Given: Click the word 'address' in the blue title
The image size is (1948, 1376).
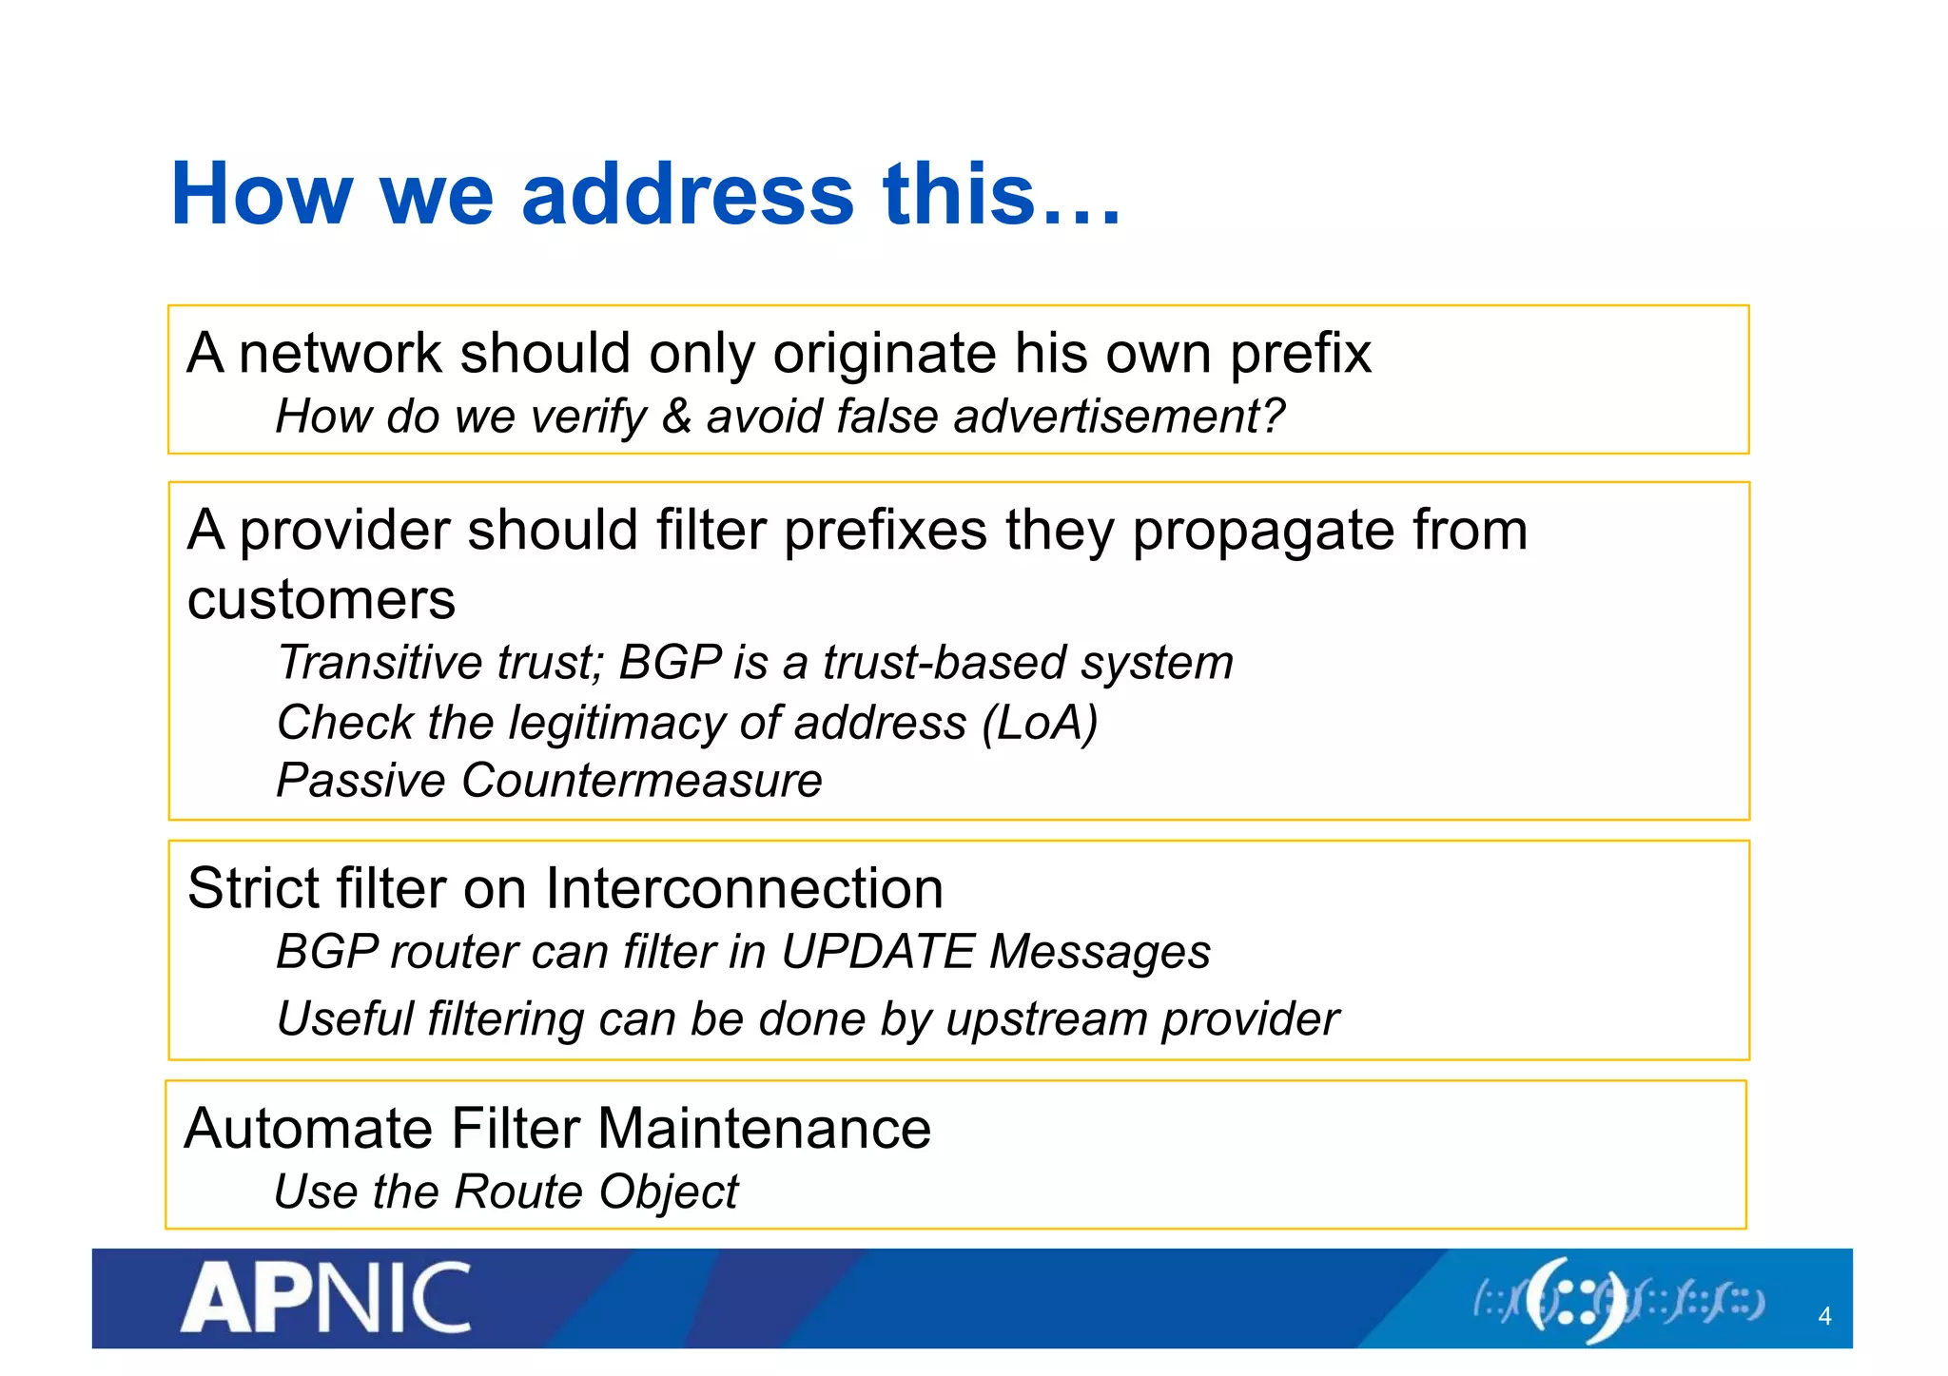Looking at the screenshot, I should [688, 195].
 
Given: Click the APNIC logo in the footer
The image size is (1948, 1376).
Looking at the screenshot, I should [325, 1298].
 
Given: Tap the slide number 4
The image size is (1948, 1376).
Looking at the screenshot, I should [1823, 1316].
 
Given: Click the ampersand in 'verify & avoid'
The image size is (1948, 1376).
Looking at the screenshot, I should [675, 417].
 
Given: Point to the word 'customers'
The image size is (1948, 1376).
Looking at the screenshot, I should [321, 600].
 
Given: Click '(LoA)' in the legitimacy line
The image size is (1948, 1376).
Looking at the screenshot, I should [1040, 723].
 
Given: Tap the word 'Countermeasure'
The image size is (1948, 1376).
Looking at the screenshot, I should [642, 781].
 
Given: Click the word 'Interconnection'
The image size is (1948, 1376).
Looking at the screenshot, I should [744, 889].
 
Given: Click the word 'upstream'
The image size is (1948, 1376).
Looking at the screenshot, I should [1046, 1019].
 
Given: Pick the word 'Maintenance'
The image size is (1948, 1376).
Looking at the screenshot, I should [764, 1129].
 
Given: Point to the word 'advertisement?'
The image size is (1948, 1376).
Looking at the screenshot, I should [1119, 417].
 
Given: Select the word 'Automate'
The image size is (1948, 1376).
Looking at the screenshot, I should [308, 1129].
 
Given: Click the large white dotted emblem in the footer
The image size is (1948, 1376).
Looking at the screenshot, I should [1576, 1300].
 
